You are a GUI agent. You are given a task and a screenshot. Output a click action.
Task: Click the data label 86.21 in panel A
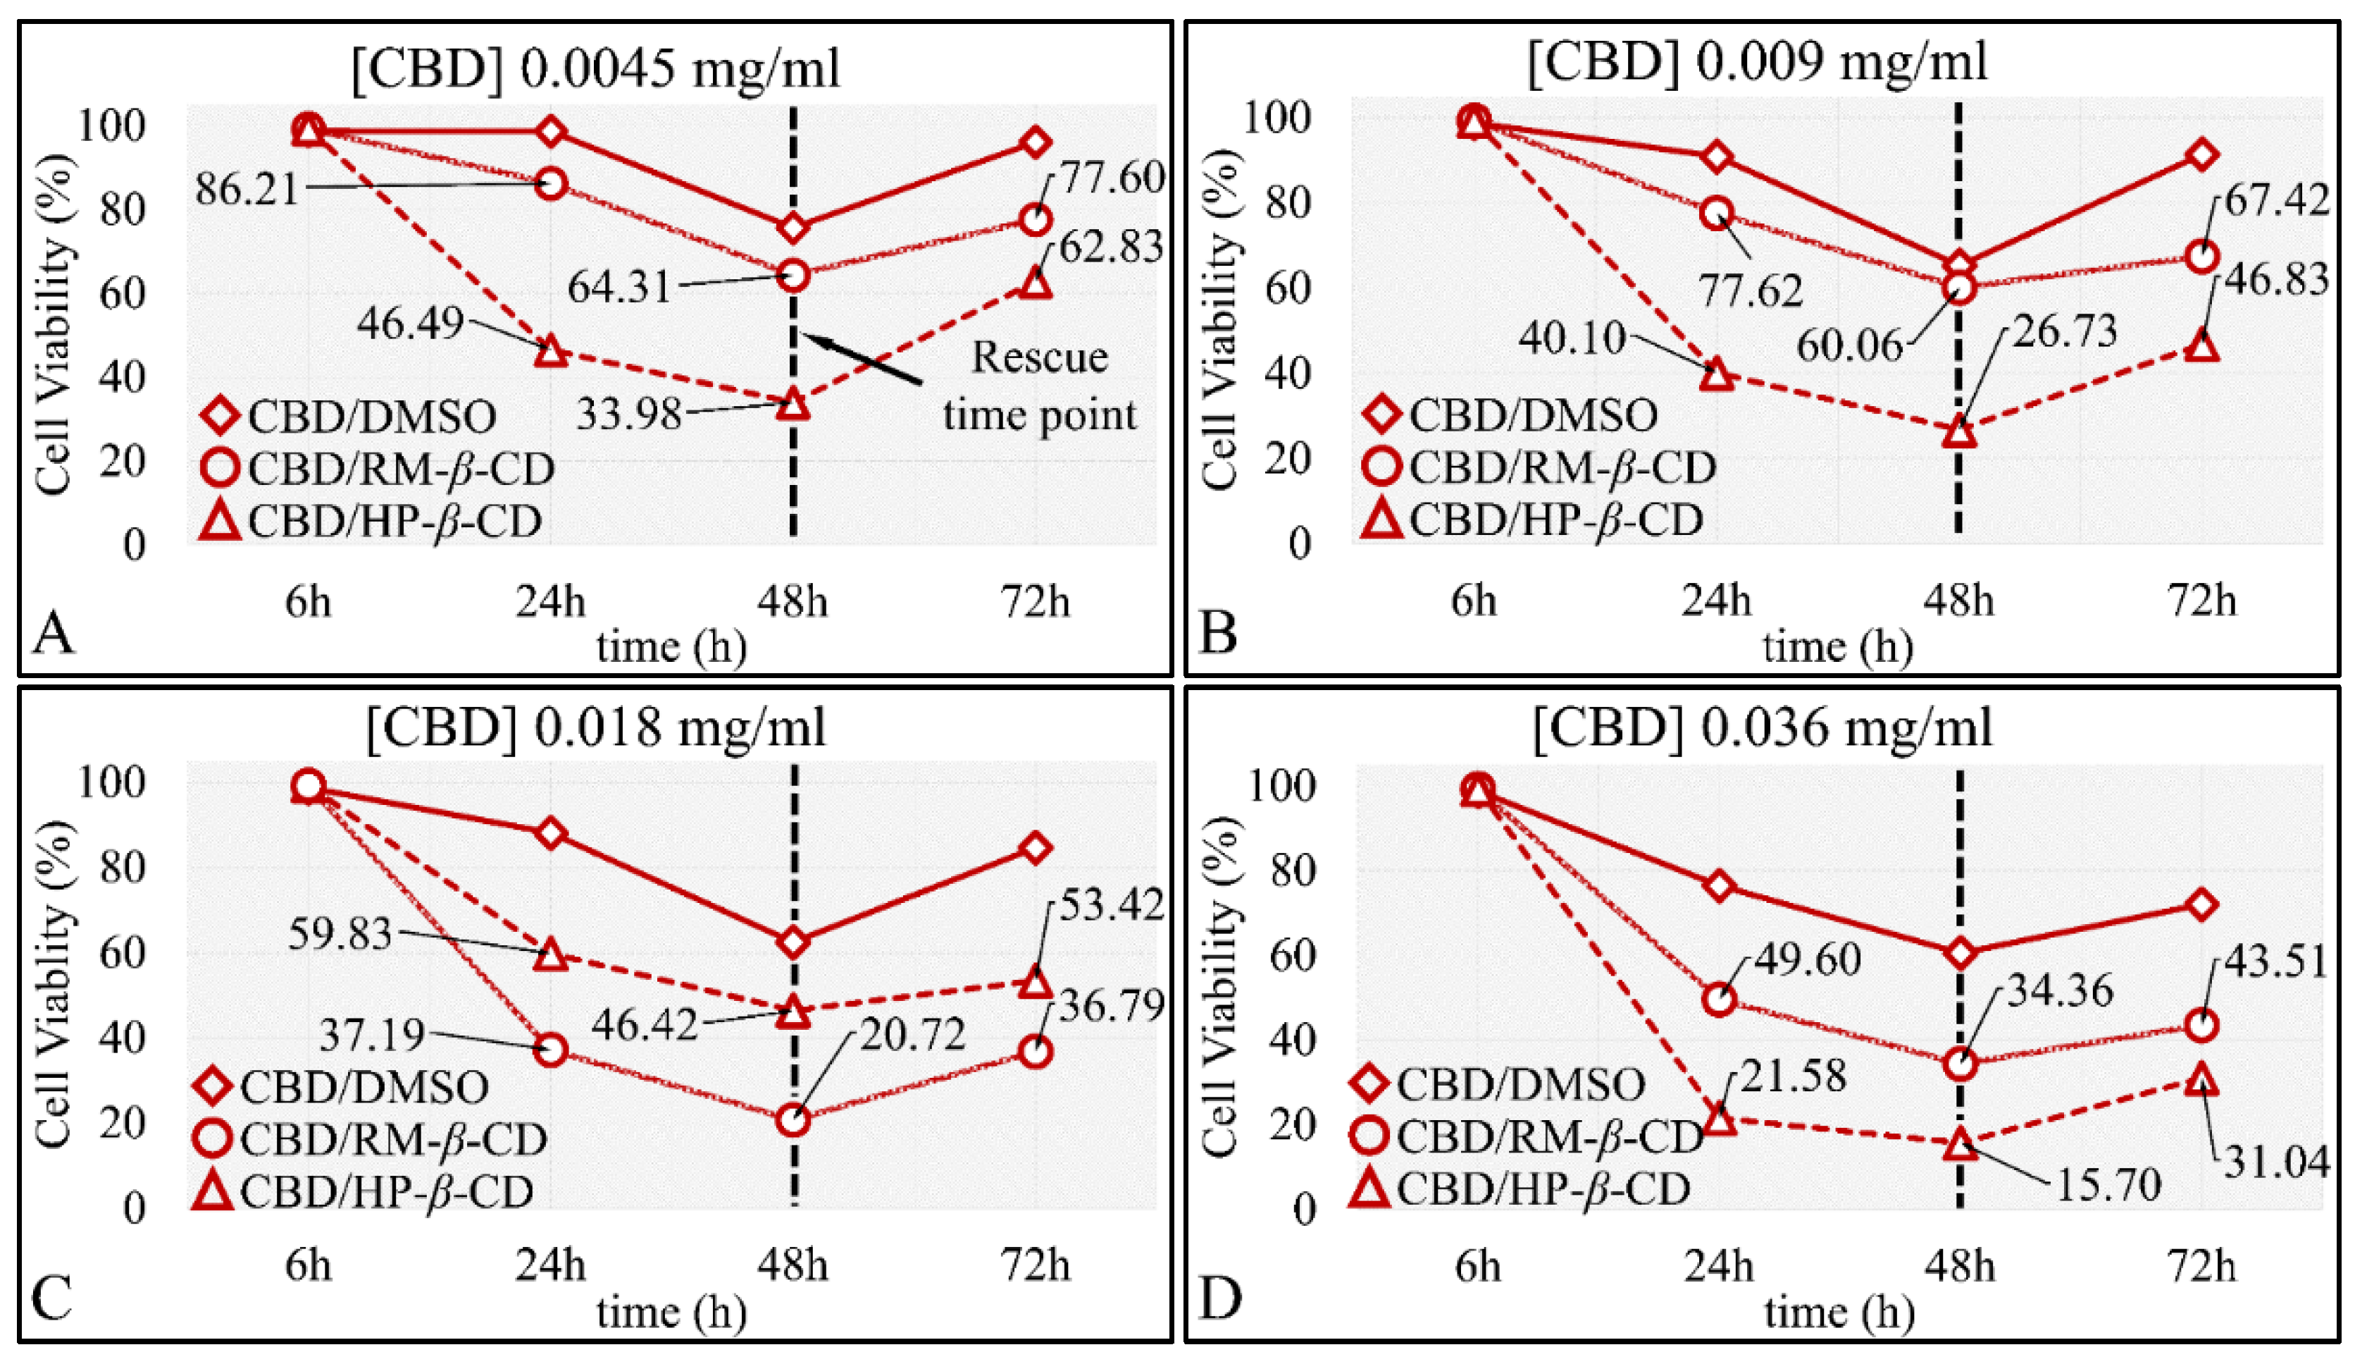[x=247, y=189]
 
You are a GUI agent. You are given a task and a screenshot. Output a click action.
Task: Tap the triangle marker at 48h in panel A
[x=793, y=405]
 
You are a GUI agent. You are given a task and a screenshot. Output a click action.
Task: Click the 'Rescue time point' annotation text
[x=1039, y=385]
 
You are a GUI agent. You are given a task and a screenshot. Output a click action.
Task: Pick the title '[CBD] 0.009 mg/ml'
[x=1757, y=62]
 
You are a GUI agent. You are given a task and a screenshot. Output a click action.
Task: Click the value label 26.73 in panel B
[x=2064, y=331]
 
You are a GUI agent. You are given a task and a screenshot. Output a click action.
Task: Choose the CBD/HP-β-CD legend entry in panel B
[x=1533, y=520]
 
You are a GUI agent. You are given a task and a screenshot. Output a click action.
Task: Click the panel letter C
[x=51, y=1298]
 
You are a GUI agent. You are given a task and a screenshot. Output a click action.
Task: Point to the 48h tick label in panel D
[x=1960, y=1267]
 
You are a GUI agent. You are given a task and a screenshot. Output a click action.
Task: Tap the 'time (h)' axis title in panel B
[x=1837, y=647]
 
